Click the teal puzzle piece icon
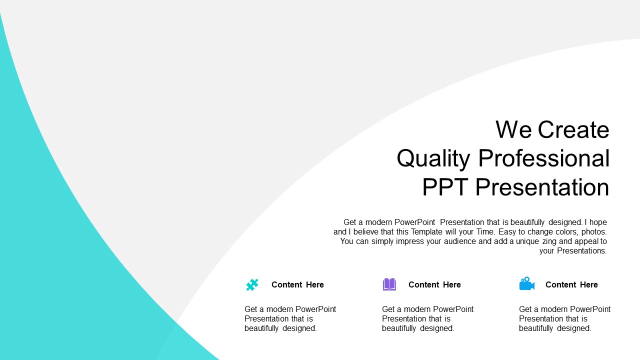coord(252,284)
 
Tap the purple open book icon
coord(389,284)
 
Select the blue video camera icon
coord(527,283)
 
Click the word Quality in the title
coord(433,158)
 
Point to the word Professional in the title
coord(544,157)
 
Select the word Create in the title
coord(573,129)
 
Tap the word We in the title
coord(513,129)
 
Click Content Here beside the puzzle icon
coord(297,284)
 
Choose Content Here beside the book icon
coord(434,284)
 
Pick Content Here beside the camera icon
coord(571,284)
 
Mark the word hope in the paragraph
coord(597,222)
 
